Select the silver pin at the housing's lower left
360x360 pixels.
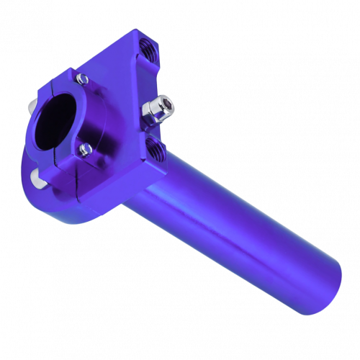point(36,176)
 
